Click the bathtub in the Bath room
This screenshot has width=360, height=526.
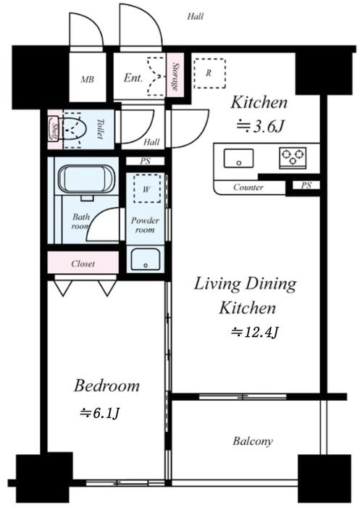point(87,179)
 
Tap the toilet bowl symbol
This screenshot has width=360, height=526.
point(75,129)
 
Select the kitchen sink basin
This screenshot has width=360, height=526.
point(238,159)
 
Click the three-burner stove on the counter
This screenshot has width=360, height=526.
point(293,156)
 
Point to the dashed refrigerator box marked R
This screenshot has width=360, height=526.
point(209,73)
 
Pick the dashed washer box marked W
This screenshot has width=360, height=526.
point(146,188)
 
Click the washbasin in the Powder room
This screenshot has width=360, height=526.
point(146,259)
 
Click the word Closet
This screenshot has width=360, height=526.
point(83,264)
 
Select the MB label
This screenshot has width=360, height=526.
point(88,80)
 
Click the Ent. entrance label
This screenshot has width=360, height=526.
point(133,78)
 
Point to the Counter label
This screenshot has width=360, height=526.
point(248,187)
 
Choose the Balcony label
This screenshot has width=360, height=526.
point(253,441)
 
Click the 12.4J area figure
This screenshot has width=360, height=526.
point(255,332)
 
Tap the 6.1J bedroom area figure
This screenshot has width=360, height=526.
point(100,413)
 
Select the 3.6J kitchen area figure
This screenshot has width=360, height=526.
point(261,127)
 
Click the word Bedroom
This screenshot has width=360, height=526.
point(106,385)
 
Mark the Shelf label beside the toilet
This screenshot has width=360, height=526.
point(54,129)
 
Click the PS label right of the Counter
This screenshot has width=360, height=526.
point(306,185)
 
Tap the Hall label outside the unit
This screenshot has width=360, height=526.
point(196,16)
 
